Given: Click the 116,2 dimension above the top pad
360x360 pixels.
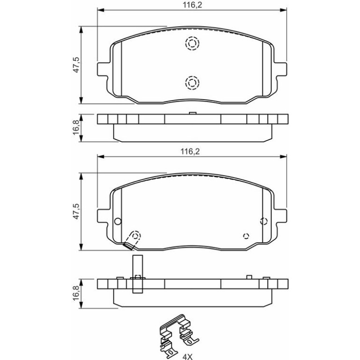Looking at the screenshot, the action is pos(192,5).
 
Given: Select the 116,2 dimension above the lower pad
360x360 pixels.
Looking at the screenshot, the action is pos(190,151).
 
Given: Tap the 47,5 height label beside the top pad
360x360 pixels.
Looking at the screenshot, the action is pos(76,65).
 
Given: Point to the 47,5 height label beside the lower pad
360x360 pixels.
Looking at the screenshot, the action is pos(76,211).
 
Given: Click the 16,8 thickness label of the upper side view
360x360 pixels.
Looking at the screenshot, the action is pos(76,128).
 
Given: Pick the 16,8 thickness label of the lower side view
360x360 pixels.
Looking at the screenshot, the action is pos(76,293).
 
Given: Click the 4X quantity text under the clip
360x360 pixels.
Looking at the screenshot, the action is pos(187,357).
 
